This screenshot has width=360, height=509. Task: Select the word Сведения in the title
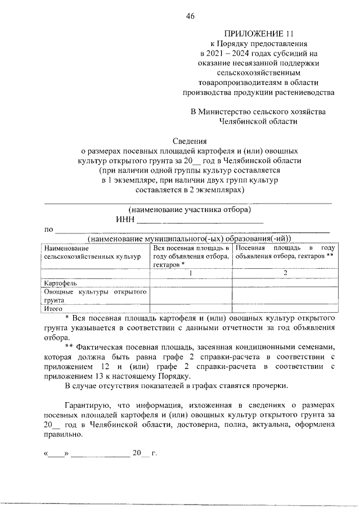pos(190,141)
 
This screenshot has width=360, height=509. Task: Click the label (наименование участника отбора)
pos(190,210)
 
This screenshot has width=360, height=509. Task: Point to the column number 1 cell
pos(191,273)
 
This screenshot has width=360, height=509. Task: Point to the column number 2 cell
pos(285,273)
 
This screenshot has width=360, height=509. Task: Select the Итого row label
pos(53,308)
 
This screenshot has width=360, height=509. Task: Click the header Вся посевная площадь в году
pos(191,248)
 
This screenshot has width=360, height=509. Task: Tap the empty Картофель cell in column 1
pos(191,283)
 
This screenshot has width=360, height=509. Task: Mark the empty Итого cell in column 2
pos(285,308)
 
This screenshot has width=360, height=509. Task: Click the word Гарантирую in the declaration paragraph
pos(87,405)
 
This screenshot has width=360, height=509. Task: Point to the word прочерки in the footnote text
pos(272,386)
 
